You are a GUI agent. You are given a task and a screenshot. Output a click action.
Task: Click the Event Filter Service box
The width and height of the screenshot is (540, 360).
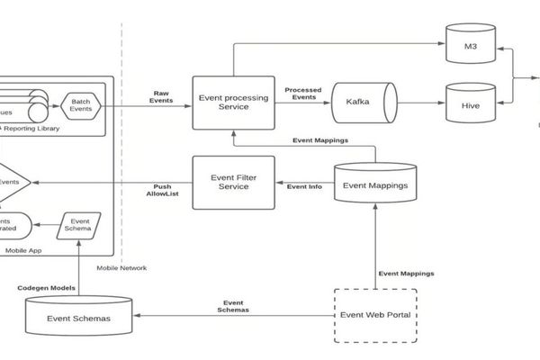click(x=233, y=182)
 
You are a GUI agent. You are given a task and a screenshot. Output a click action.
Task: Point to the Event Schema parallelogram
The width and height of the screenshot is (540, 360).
click(x=80, y=225)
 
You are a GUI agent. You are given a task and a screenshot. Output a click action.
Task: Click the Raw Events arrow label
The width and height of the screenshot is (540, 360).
click(x=162, y=97)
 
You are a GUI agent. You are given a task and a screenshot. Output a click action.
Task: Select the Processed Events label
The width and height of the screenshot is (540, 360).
click(x=303, y=94)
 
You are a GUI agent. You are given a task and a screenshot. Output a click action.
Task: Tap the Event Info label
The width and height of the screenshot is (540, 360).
click(x=304, y=186)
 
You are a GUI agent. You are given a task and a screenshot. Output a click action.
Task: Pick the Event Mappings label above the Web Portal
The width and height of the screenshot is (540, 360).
click(x=405, y=273)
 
